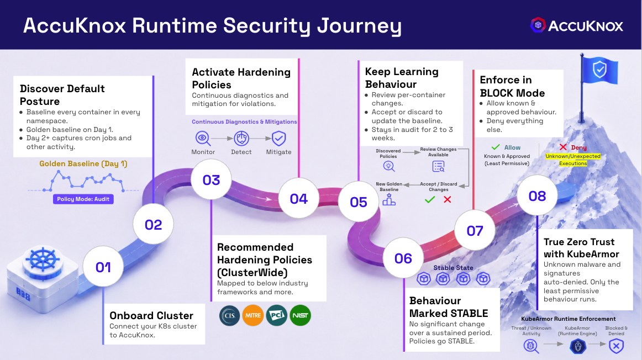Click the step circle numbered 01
coord(103,267)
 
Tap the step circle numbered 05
coord(359,202)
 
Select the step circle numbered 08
coord(537,195)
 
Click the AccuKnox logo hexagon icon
coord(538,25)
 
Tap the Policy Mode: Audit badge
coord(83,199)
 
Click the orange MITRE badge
coord(253,315)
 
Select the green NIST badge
coord(301,315)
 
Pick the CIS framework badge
coord(230,315)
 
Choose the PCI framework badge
coord(277,315)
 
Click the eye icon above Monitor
coord(203,138)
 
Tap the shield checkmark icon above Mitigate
coord(279,138)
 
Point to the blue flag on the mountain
coord(599,70)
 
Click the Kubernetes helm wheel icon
coord(43,260)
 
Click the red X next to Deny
coord(563,147)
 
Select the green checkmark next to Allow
coord(496,147)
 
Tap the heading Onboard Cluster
coord(151,315)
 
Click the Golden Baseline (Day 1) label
coord(83,163)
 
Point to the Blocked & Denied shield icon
coord(616,346)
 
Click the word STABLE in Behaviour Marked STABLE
coord(468,314)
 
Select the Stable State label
coord(453,268)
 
